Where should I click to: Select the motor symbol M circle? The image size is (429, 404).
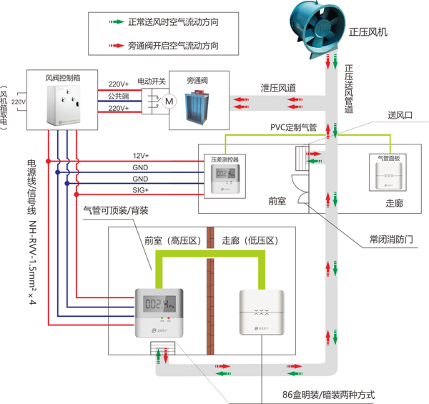pos(169,102)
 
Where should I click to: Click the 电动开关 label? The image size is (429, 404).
pos(151,81)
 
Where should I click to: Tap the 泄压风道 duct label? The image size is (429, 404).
pos(278,87)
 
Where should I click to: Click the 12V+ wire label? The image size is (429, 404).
pos(140,155)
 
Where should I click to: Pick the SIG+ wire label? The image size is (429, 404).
pos(140,190)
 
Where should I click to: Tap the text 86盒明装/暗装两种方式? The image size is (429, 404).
pos(328,395)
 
